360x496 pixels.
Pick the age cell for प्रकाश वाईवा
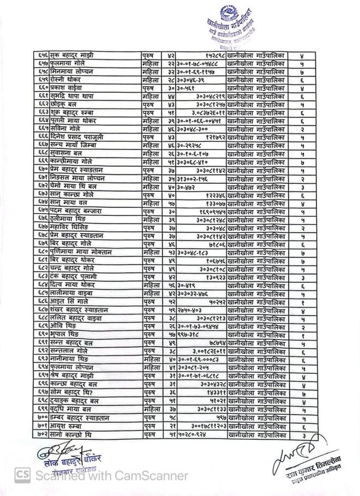tap(171, 88)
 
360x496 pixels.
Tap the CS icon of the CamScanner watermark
tap(22, 475)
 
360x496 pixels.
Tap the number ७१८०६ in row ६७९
tap(215, 245)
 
